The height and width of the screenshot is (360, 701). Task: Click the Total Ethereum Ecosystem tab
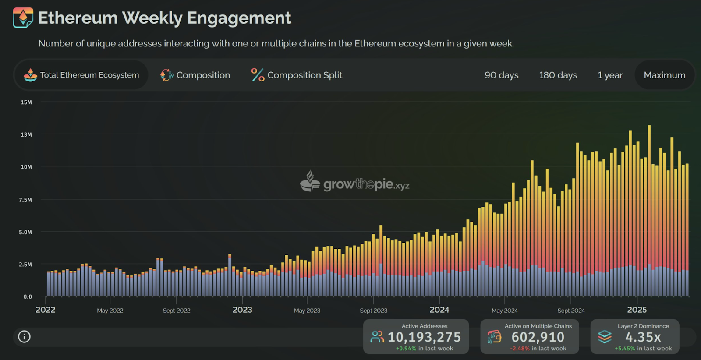point(81,75)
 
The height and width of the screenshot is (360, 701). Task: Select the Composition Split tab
point(296,75)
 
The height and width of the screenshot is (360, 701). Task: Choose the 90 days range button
point(501,75)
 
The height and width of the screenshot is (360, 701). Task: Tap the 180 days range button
point(558,75)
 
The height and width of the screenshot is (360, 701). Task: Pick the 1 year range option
point(610,75)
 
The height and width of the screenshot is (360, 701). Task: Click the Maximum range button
point(664,75)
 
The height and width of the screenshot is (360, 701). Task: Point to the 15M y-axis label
point(26,102)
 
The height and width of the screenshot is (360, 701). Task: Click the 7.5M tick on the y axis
point(25,200)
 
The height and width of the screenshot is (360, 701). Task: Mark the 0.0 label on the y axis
point(28,296)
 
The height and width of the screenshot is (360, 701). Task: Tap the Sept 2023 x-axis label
point(373,311)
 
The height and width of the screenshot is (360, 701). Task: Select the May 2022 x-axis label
point(110,311)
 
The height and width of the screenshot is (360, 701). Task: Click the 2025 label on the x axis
point(637,310)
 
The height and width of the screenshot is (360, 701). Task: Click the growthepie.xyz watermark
point(354,181)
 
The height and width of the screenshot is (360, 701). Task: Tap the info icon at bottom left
point(24,337)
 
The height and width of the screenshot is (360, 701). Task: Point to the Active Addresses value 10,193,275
point(425,337)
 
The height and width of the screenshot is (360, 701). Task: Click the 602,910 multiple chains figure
point(538,337)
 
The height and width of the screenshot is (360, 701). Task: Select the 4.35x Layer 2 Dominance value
point(643,337)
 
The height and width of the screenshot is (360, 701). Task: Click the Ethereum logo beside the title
point(23,18)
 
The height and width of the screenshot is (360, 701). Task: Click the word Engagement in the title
point(239,18)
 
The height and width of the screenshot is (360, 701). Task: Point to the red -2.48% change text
point(520,349)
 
